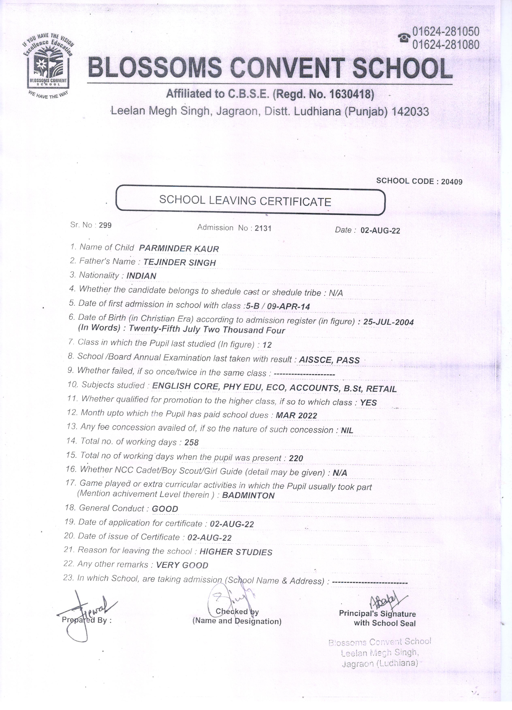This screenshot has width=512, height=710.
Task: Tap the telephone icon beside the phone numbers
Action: [404, 38]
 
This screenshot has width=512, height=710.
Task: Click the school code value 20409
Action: [452, 182]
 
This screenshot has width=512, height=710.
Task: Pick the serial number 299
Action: [105, 225]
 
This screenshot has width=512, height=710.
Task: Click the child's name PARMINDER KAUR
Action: [179, 249]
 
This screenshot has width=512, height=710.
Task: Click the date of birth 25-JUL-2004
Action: [388, 322]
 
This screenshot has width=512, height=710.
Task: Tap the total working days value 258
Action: [192, 443]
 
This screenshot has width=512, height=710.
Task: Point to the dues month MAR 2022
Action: [296, 416]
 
